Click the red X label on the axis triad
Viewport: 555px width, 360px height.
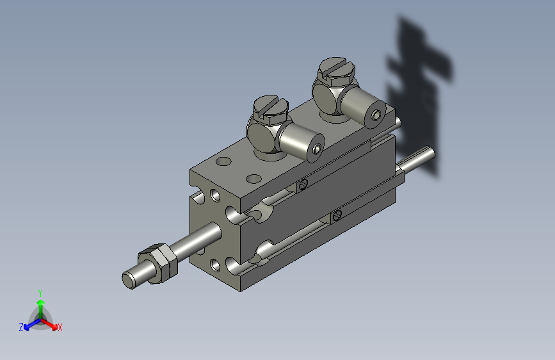click(60, 327)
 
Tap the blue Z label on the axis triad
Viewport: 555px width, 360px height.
click(21, 327)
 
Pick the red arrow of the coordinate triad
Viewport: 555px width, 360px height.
click(51, 323)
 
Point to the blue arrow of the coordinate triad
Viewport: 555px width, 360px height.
click(29, 323)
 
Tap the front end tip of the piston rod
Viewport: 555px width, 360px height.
click(129, 279)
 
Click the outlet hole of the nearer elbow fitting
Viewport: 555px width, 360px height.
click(318, 149)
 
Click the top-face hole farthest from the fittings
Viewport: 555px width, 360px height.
click(224, 161)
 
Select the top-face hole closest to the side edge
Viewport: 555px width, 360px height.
click(254, 178)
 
